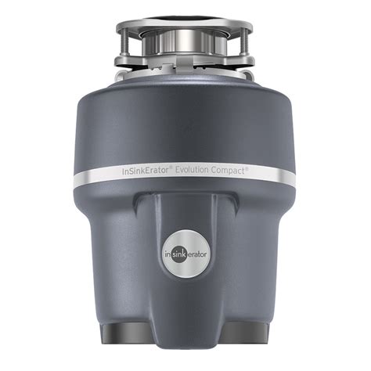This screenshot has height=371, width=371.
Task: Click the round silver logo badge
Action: point(185,287)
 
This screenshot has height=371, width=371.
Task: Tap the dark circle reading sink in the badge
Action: point(185,287)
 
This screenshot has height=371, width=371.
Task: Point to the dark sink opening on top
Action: point(185,14)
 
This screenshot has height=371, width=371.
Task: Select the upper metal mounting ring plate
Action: point(185,30)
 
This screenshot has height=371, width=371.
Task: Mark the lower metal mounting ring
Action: point(185,60)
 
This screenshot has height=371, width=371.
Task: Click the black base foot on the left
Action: point(125,353)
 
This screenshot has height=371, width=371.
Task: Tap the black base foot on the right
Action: point(246,353)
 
